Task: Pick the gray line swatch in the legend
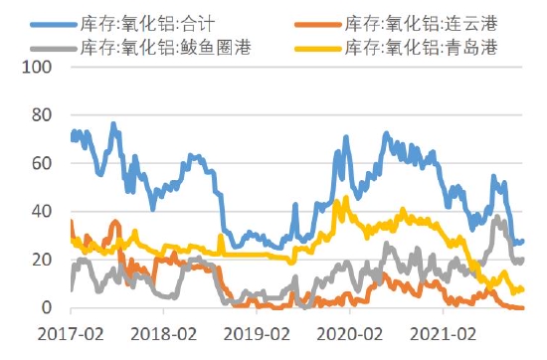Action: click(51, 47)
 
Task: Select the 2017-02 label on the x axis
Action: click(71, 333)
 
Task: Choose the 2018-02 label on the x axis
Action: click(163, 333)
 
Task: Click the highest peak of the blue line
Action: click(112, 124)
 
